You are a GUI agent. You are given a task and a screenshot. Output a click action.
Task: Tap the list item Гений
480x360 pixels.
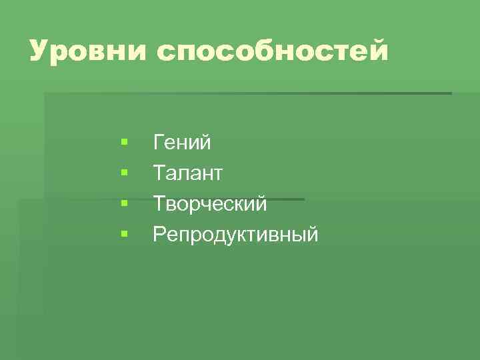pos(182,142)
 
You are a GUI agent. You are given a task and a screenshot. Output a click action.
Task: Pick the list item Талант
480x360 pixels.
pos(188,173)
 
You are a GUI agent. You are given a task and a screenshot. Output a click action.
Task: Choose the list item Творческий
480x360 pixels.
pos(210,204)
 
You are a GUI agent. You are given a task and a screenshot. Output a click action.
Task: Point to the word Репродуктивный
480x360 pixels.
pos(235,235)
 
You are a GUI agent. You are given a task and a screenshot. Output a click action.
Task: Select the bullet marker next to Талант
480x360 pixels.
pos(124,173)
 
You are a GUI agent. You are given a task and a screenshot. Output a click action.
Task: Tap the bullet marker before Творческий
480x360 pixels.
pos(124,203)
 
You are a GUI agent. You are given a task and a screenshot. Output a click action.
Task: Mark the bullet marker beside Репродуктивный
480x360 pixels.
pos(124,234)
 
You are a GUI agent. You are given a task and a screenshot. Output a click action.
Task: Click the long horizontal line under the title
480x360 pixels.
pos(267,93)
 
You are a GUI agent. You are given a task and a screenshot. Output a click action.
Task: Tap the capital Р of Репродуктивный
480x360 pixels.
pos(159,234)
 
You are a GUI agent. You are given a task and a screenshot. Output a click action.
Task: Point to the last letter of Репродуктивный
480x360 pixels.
pos(313,235)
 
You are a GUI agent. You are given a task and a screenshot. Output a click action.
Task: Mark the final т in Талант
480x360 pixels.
pos(217,174)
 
